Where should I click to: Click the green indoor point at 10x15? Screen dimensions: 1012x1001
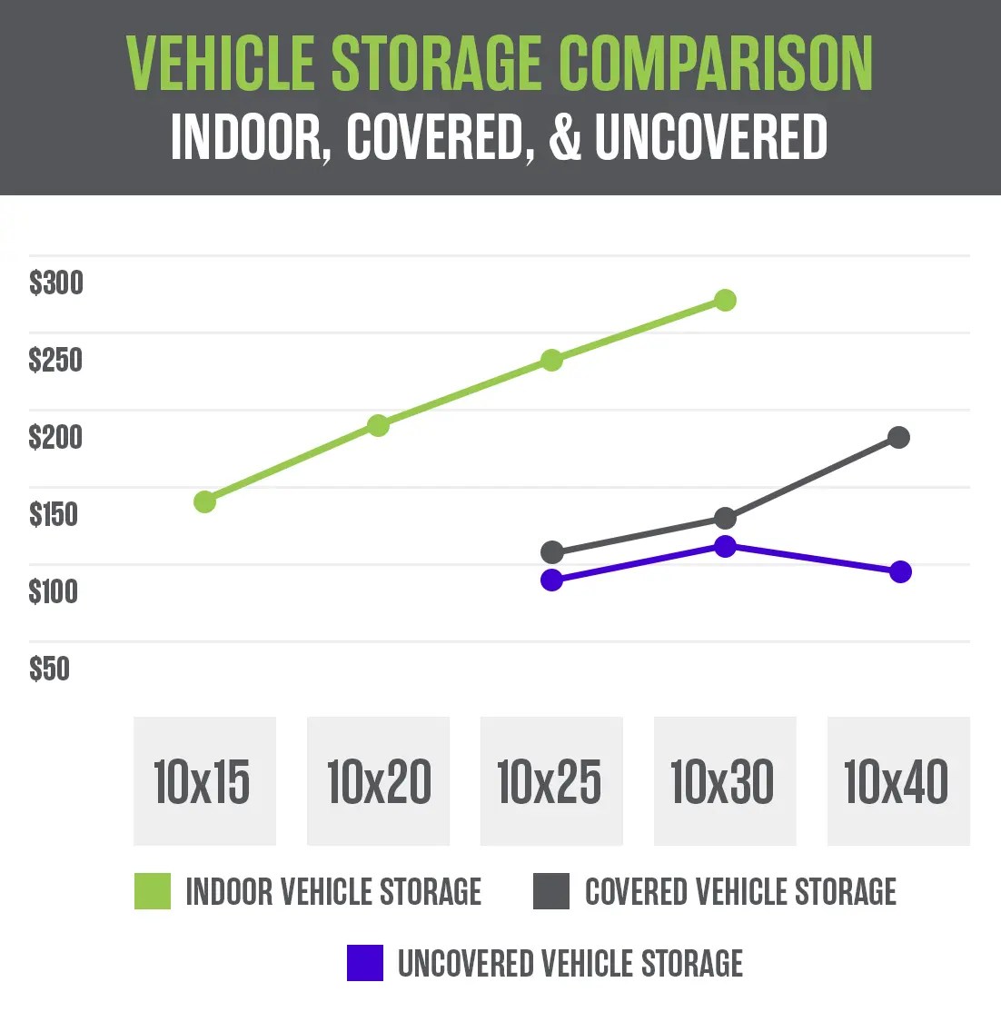[x=205, y=501]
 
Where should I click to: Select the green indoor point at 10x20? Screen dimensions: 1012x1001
[x=378, y=425]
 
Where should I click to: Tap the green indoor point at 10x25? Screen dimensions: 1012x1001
[x=551, y=360]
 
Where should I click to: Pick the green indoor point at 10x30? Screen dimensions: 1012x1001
[x=725, y=300]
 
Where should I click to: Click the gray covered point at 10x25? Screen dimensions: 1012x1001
[x=551, y=552]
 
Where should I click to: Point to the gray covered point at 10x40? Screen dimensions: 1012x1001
[x=898, y=438]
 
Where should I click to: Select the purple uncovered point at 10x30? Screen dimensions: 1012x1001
[x=725, y=546]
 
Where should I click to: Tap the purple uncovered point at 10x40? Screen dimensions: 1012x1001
[x=900, y=572]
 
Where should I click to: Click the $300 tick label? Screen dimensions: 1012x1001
[x=55, y=283]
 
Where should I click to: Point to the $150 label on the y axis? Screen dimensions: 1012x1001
[x=54, y=514]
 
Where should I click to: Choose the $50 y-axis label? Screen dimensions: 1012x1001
[x=49, y=669]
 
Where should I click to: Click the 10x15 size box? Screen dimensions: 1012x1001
[x=204, y=781]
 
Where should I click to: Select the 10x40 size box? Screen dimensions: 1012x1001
[x=898, y=781]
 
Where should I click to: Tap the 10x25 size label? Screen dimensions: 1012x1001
[x=550, y=781]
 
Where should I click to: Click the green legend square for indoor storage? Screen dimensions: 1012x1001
[x=153, y=891]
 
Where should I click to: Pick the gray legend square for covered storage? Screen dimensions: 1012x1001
[x=551, y=891]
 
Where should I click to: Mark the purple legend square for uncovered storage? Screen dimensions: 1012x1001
[x=365, y=963]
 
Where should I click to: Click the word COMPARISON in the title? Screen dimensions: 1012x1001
[x=716, y=64]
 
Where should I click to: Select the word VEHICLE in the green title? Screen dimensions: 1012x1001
[x=222, y=64]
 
